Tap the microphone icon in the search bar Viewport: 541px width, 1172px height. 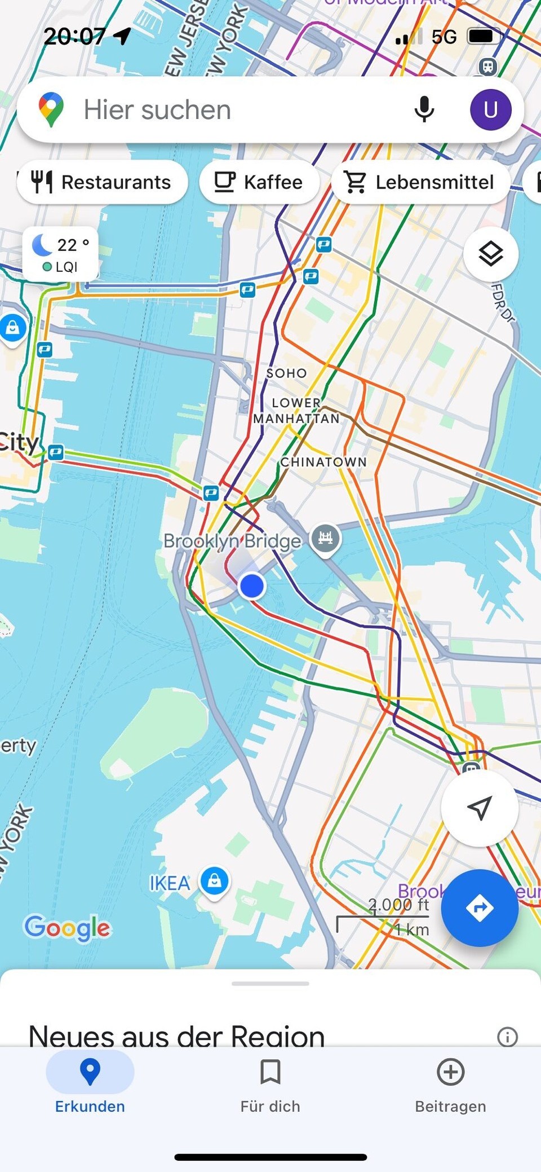point(424,109)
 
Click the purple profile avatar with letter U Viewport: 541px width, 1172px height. point(490,109)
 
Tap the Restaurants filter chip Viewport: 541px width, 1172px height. point(102,182)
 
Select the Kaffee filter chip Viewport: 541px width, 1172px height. point(259,182)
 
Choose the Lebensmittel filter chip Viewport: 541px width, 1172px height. point(420,182)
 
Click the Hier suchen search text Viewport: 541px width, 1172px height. point(158,109)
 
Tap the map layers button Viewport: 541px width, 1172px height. point(490,254)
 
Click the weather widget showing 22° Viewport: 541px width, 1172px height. point(60,254)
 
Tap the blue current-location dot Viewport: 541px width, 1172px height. point(252,586)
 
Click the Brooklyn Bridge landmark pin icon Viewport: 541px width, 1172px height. point(326,538)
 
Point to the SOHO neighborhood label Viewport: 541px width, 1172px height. point(287,373)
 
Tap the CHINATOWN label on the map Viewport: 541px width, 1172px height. point(323,462)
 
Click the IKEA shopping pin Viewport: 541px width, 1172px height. point(215,880)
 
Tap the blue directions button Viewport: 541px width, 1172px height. point(479,907)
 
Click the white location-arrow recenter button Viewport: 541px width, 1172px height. point(479,808)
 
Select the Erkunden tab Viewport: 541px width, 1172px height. point(90,1083)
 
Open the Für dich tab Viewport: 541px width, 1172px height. point(270,1083)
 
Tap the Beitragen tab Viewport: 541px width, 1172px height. point(450,1083)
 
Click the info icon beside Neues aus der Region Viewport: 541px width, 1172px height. point(507,1037)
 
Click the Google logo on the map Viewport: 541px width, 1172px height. point(68,928)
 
